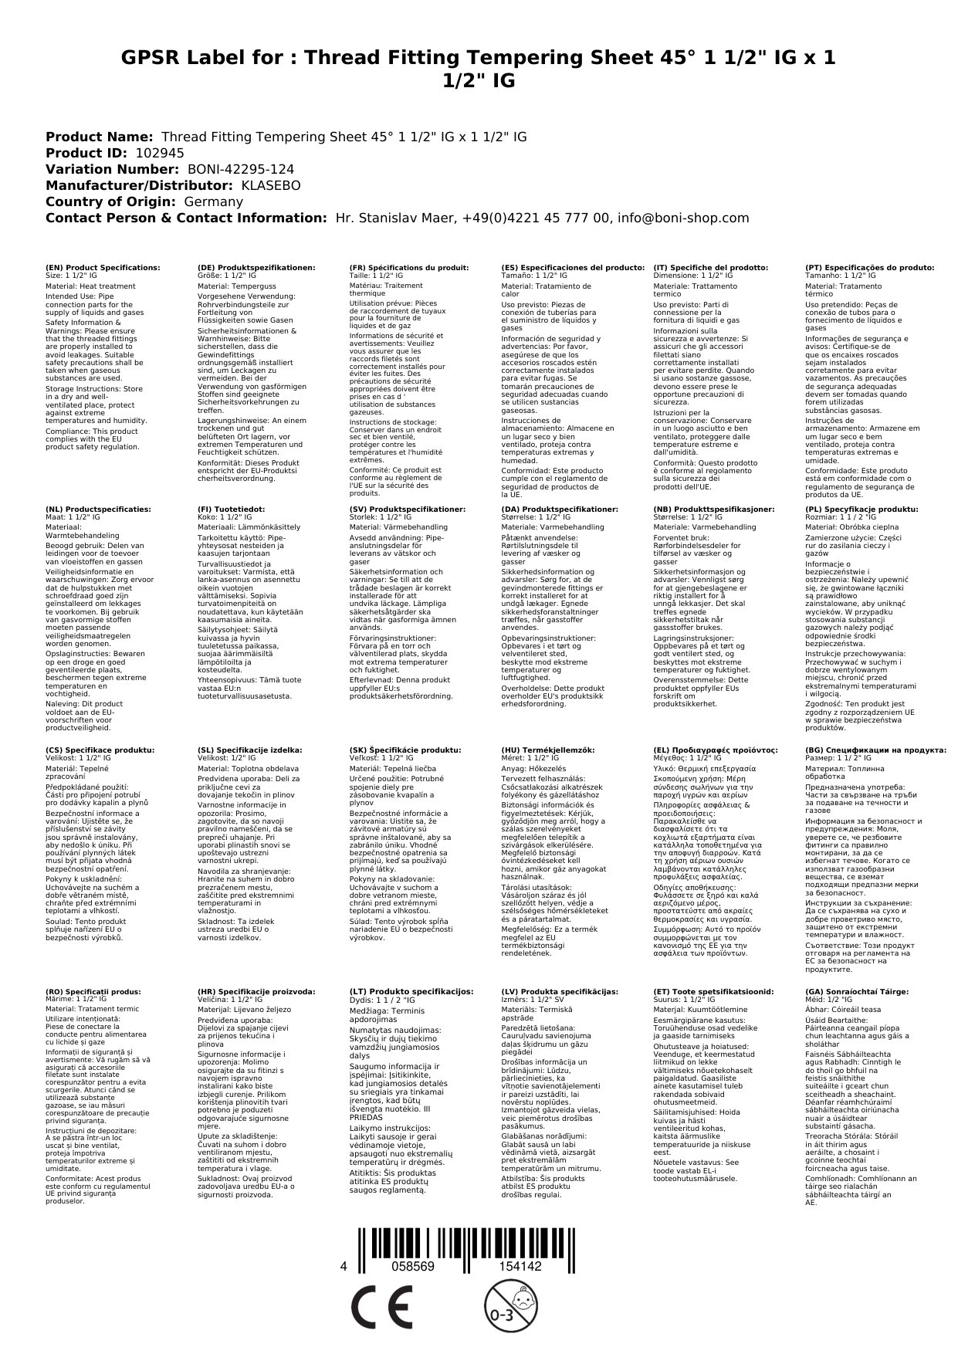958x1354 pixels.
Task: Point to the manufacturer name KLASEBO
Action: [271, 185]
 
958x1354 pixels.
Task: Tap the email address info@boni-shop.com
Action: [682, 218]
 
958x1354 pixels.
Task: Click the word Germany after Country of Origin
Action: [213, 201]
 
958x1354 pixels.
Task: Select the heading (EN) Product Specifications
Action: [103, 267]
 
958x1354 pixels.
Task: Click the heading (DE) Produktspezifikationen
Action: [256, 267]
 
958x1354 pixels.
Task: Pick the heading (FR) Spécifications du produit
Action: [409, 267]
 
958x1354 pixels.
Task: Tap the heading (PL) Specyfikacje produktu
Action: [862, 509]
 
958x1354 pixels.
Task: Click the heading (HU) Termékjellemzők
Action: [548, 750]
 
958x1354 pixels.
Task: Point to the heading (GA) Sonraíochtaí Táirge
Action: [857, 991]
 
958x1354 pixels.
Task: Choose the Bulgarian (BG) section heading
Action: [875, 750]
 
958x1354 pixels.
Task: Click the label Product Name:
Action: [99, 137]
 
